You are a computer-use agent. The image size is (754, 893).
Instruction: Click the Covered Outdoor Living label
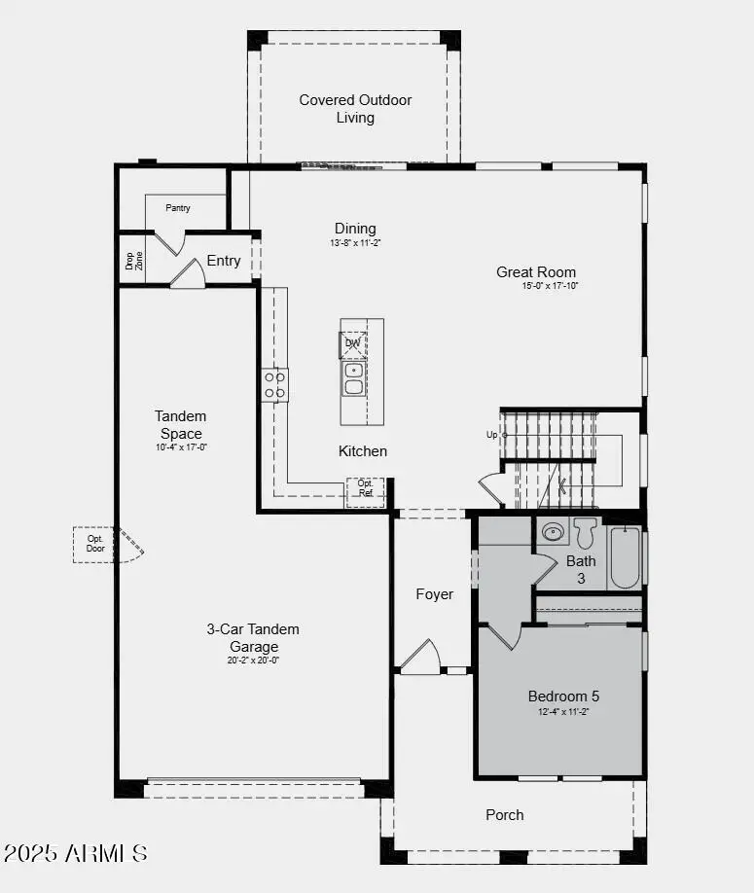355,109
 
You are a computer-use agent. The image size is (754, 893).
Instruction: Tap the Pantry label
178,207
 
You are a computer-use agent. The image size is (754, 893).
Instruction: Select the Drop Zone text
133,260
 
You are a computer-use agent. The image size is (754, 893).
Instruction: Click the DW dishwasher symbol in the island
353,343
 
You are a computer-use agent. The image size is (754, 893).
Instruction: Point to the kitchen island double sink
353,378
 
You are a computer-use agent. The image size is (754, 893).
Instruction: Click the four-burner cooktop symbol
274,385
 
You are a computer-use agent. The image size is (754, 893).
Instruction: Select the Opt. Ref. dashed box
366,492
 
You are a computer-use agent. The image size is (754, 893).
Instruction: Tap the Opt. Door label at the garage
95,544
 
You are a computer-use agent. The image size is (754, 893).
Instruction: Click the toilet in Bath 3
585,532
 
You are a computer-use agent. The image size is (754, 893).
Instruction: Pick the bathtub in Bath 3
625,557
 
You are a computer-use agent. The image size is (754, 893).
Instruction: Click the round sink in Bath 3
554,531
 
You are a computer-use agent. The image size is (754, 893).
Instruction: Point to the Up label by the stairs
492,435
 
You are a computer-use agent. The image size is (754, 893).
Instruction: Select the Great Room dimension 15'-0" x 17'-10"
550,286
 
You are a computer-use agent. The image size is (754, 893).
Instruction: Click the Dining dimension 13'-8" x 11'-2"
355,243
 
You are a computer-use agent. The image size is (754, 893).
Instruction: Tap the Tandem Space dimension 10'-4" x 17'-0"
181,447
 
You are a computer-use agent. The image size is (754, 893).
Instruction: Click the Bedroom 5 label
564,696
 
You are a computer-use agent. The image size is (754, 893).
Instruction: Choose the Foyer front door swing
420,659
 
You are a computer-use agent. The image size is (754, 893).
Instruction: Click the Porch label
505,815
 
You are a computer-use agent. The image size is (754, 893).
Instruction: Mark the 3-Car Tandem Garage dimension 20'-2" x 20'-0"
253,661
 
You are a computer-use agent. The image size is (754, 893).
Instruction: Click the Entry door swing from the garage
188,274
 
